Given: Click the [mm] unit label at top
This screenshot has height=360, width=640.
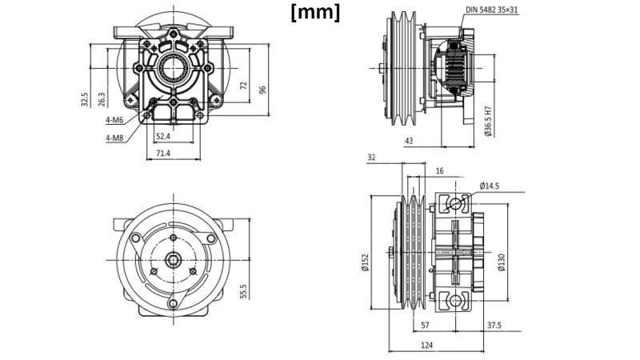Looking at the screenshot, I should pos(315,13).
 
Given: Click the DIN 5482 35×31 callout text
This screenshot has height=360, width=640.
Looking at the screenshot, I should pos(514,10).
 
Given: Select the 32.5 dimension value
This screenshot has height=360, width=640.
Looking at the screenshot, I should pos(84,98).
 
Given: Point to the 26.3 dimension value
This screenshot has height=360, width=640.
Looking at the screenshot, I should pos(102,98).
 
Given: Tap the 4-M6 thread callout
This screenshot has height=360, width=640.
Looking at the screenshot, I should pos(114,121).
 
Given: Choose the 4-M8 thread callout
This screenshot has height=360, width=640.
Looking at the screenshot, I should pos(114,138).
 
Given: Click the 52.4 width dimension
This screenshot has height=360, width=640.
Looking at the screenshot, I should pos(162,137).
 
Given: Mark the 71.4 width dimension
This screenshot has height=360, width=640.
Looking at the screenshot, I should pos(162,152).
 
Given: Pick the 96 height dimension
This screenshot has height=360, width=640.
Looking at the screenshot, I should pos(262,90).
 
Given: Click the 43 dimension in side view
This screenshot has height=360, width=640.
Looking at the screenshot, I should pos(409,141).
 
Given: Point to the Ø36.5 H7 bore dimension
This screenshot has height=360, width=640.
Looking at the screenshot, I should pos(488,120).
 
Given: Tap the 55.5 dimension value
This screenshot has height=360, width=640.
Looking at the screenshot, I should pos(242,291).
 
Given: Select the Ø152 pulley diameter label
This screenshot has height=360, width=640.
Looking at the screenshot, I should pos(364,262).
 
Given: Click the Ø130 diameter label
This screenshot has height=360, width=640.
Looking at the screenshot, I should pos(501,262).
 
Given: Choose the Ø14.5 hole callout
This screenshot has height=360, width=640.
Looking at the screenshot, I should pos(490,186).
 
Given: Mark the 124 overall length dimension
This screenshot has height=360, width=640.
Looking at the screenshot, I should pos(426,345).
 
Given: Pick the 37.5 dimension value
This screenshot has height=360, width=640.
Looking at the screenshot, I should pos(494,326).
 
